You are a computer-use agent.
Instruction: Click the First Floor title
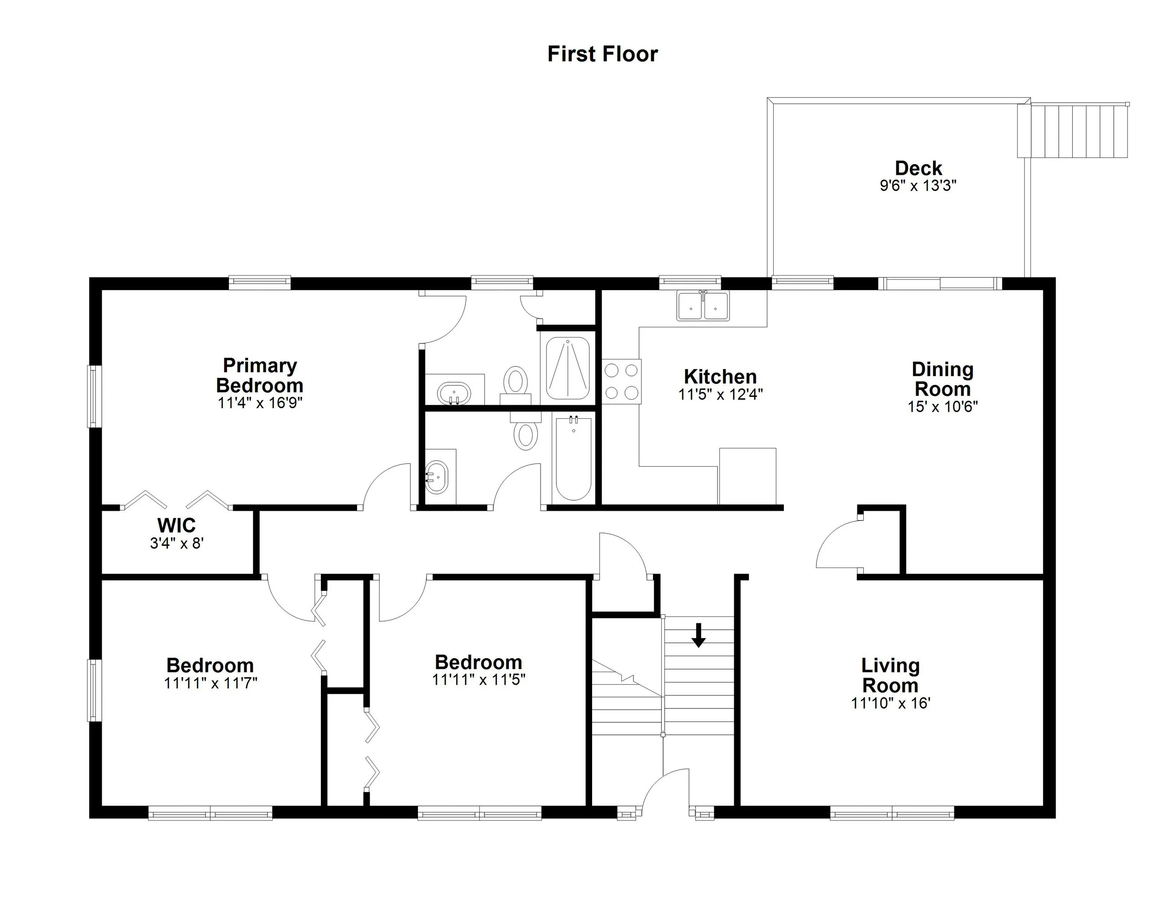(x=602, y=54)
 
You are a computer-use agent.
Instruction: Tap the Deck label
(x=918, y=168)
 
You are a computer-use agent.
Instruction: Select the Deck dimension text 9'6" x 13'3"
(x=918, y=185)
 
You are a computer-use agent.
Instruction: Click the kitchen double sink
(x=703, y=306)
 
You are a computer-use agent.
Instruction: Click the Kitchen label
(x=720, y=376)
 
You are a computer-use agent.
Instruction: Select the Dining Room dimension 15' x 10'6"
(x=943, y=406)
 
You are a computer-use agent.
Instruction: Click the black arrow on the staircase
(x=698, y=635)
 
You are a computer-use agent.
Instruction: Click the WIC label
(x=176, y=526)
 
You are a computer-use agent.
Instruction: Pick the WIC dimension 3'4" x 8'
(x=176, y=543)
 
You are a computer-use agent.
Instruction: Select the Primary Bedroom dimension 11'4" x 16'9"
(x=260, y=403)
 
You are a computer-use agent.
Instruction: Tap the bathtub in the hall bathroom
(x=573, y=459)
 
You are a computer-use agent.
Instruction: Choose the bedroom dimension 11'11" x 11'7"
(x=210, y=683)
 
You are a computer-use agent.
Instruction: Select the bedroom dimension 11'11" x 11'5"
(x=478, y=680)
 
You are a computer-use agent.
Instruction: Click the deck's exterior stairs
(x=1073, y=131)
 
